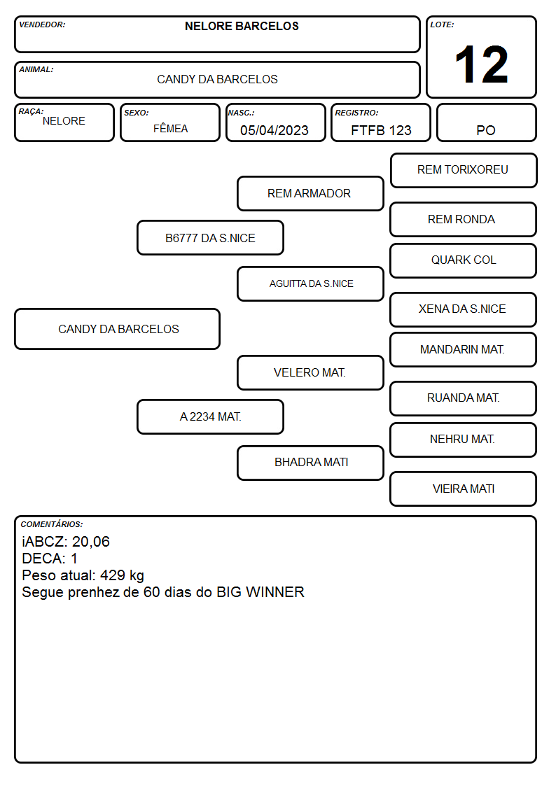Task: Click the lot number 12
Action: tap(481, 64)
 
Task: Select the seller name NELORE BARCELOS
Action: tap(242, 26)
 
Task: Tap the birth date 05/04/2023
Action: tap(274, 130)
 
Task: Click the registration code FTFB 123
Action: tap(381, 130)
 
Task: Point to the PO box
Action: tap(486, 122)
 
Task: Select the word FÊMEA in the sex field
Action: tap(170, 128)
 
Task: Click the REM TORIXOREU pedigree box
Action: tap(464, 171)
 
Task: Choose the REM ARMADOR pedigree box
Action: tap(310, 193)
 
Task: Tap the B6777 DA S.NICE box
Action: tap(210, 237)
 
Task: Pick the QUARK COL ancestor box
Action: tap(464, 260)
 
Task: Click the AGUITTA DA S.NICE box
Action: tap(310, 283)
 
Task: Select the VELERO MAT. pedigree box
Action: tap(310, 372)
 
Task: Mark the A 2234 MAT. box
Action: tap(210, 416)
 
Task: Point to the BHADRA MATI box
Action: tap(310, 463)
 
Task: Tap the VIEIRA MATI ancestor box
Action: tap(464, 489)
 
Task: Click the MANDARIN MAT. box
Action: tap(464, 350)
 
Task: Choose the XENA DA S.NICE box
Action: tap(464, 309)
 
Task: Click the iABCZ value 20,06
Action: tap(91, 542)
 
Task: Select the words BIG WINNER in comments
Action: tap(260, 592)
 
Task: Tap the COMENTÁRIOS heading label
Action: tap(52, 524)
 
